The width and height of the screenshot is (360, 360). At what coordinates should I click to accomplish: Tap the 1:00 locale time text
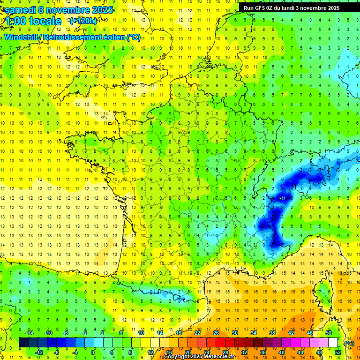pos(33,21)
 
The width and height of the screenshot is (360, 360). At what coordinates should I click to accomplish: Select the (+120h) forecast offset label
pos(83,21)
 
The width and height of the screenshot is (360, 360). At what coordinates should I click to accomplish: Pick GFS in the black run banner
pos(262,8)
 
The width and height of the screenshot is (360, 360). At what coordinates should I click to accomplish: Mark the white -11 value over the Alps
pos(283,199)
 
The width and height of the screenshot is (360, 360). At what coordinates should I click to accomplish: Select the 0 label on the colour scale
pos(92,352)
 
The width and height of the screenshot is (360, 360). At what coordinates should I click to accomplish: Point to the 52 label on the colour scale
pos(337,352)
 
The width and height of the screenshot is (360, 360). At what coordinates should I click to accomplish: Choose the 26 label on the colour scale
pos(216,333)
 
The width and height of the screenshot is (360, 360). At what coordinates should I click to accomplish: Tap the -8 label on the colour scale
pos(56,352)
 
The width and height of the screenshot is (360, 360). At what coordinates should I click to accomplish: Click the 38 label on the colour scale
pos(272,333)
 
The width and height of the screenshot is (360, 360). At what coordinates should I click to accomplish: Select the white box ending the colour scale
pos(333,343)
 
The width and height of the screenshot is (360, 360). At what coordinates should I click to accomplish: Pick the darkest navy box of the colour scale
pos(23,343)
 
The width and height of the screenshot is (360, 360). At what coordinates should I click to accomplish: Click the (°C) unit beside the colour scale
pos(349,343)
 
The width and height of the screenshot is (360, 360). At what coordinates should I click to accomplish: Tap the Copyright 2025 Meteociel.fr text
pos(199,357)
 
